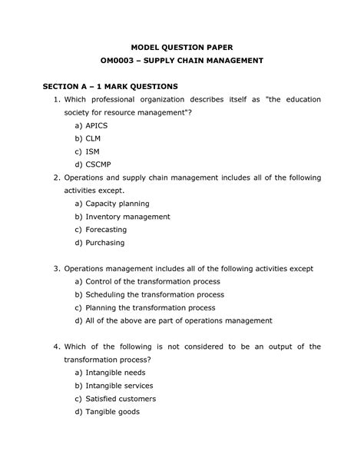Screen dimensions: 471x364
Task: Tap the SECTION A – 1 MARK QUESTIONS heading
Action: click(110, 86)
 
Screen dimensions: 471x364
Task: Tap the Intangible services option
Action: click(119, 386)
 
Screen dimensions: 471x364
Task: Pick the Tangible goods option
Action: click(112, 412)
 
